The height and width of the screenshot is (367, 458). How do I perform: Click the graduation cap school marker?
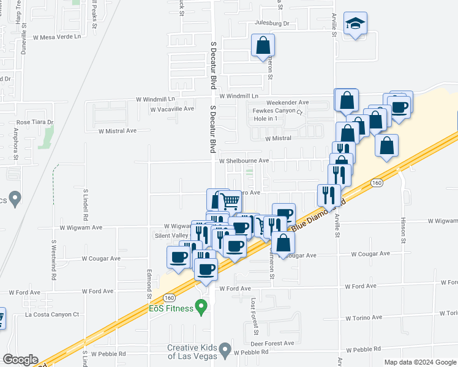[355, 24]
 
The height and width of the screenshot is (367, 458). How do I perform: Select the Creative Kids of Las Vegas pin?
[225, 352]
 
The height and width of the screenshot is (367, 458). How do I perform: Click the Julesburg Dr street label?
[272, 24]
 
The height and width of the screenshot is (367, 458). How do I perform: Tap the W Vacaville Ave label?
[172, 109]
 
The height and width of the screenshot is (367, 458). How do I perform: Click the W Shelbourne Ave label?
[244, 161]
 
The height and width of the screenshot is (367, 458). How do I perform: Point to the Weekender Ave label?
[288, 102]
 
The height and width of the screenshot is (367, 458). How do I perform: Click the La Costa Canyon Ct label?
[52, 314]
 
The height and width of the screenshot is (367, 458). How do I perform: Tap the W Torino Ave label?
[364, 317]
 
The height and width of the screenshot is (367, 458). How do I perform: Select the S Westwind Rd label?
[54, 259]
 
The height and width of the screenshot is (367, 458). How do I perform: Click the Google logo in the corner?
[20, 360]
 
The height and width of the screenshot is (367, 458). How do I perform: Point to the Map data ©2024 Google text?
[419, 362]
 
